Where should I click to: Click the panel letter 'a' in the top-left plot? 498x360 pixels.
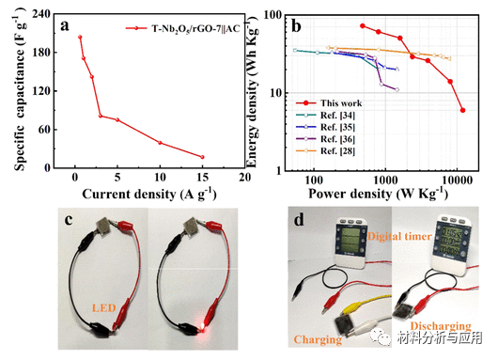point(65,26)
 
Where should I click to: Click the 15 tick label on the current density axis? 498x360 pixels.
point(202,178)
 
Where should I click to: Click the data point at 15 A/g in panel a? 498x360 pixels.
point(202,157)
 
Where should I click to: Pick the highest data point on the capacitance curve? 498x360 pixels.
point(80,38)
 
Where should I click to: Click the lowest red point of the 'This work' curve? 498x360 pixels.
point(462,110)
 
